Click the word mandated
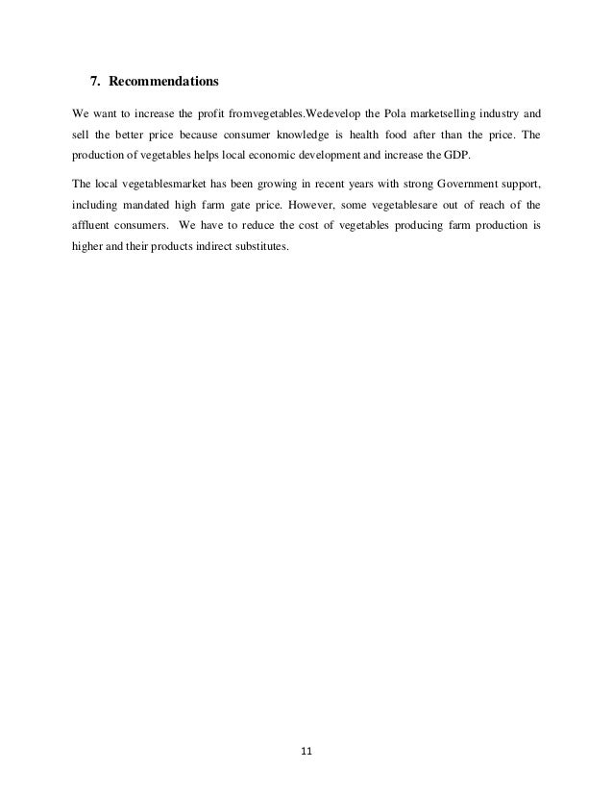click(x=163, y=206)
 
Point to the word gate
click(x=253, y=206)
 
